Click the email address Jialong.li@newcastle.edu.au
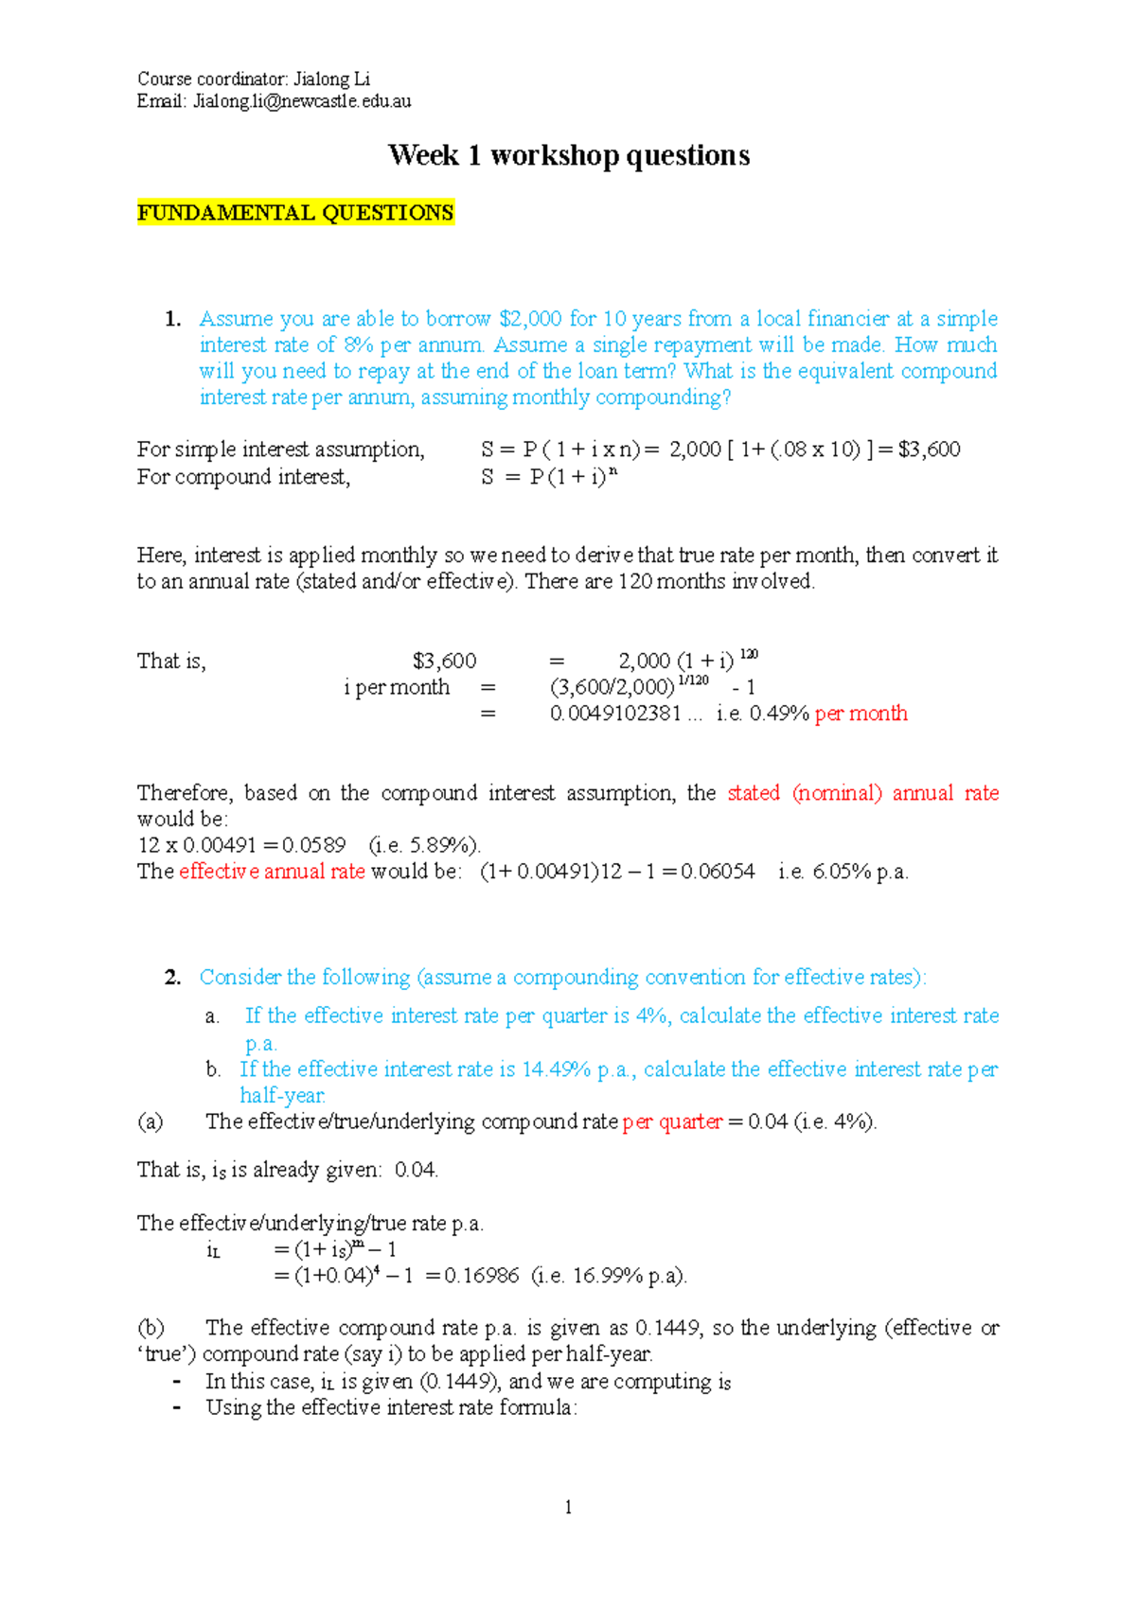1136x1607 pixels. tap(302, 101)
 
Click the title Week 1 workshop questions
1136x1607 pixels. tap(569, 155)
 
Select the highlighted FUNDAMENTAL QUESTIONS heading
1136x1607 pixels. tap(295, 213)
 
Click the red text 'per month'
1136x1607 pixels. tap(861, 714)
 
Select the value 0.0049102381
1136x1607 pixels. tap(615, 714)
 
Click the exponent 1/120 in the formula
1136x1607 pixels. tap(693, 680)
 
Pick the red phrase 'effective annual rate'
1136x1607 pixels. tap(272, 872)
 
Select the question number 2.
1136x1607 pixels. tap(172, 978)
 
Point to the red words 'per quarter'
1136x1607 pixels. tap(672, 1122)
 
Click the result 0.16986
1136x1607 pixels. tap(481, 1276)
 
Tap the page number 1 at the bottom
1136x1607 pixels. tap(568, 1508)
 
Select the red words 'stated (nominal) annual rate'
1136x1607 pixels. tap(862, 793)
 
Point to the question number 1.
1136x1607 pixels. tap(172, 319)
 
